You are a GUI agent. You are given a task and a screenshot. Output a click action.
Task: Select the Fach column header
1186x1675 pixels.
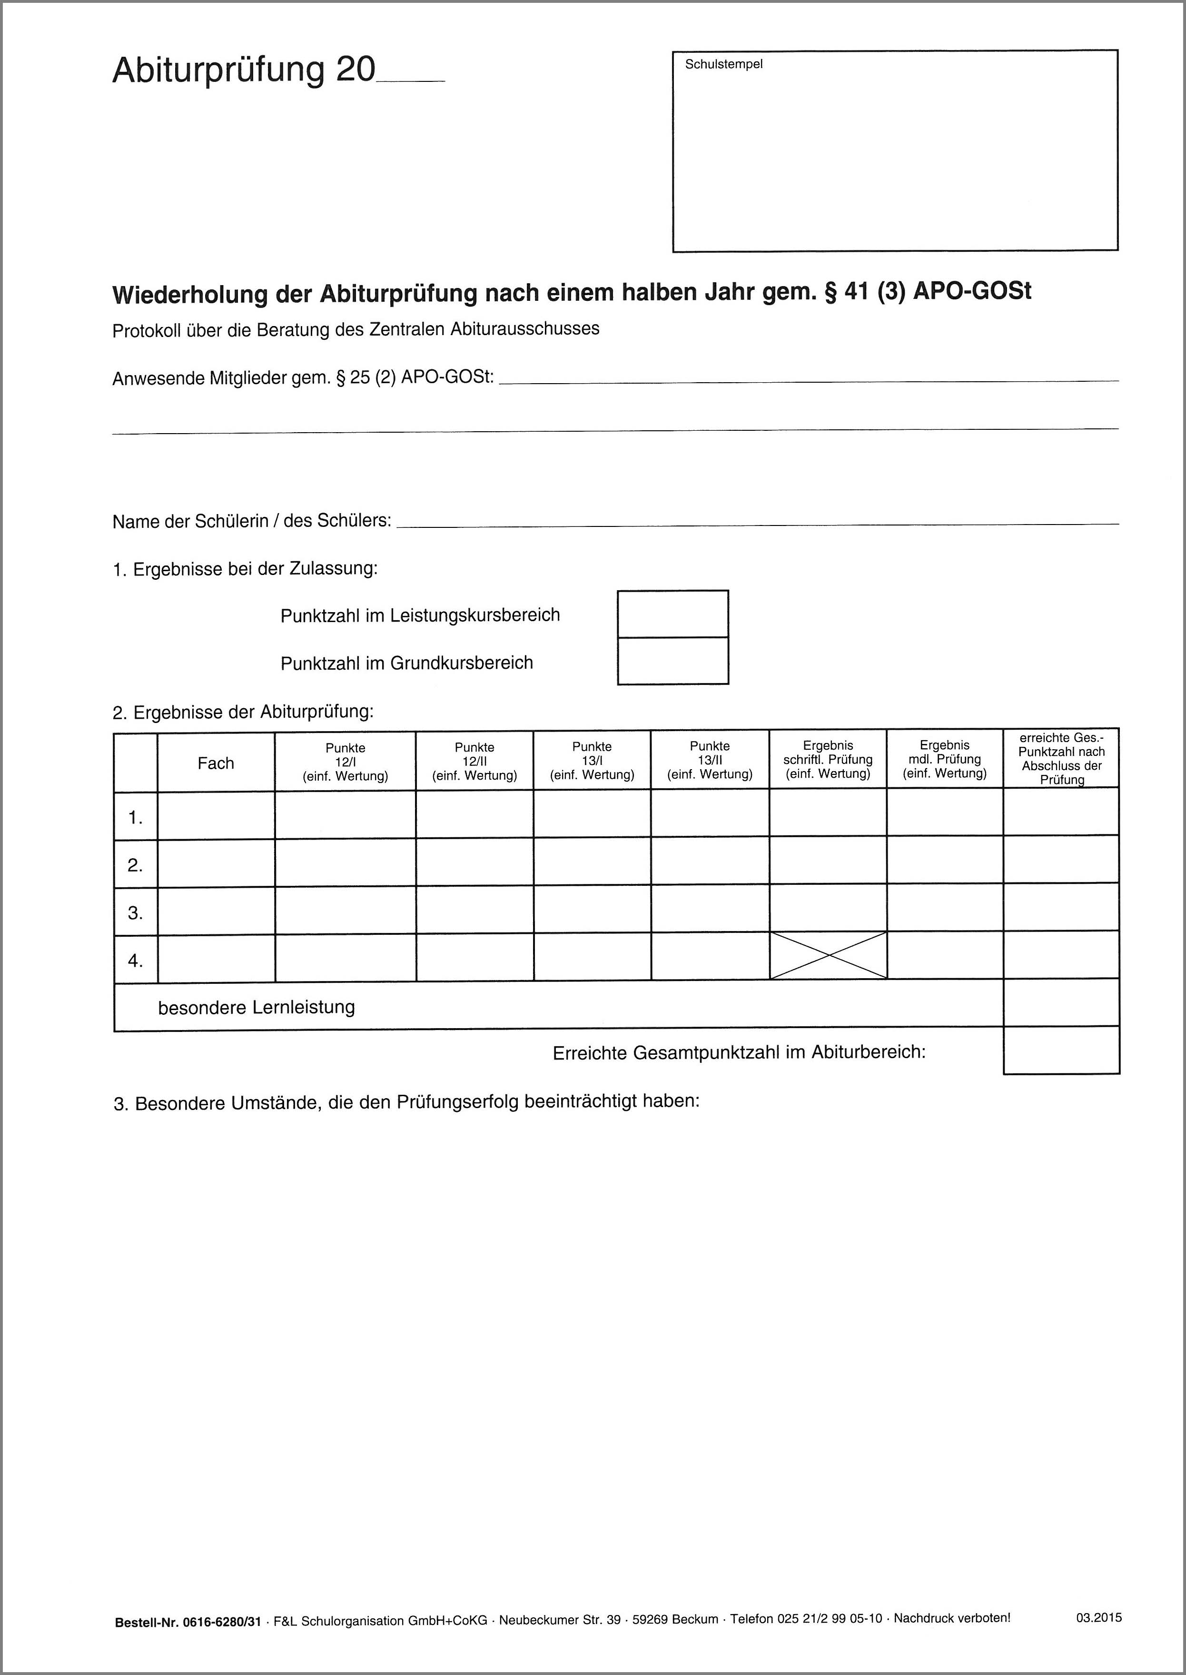coord(216,763)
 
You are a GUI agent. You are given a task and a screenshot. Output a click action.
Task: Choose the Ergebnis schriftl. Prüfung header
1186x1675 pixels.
coord(828,760)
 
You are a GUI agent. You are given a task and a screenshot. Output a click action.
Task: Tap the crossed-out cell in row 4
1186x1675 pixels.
coord(828,955)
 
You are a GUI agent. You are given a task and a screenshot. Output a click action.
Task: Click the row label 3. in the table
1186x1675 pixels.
coord(136,913)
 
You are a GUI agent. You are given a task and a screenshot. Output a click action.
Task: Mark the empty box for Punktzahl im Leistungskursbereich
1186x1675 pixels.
coord(672,614)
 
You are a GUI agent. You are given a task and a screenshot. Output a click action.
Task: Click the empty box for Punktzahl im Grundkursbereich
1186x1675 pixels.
coord(672,661)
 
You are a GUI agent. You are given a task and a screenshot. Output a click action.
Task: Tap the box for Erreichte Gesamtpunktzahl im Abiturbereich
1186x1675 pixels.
coord(1061,1051)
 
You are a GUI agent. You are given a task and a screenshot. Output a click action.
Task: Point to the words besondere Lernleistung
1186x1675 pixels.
coord(257,1007)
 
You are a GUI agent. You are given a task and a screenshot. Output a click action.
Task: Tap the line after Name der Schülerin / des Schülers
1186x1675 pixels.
coord(756,523)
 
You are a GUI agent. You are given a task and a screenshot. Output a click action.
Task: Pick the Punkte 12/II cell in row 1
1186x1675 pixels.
coord(474,814)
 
